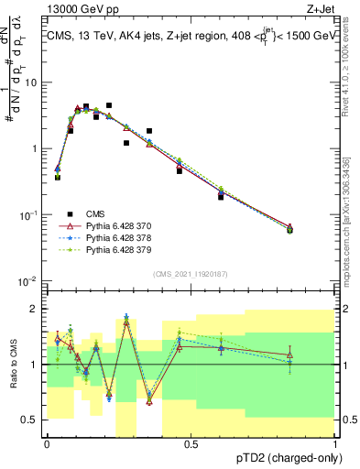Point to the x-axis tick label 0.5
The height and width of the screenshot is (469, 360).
pos(191,443)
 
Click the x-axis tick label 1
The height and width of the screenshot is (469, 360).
pos(336,443)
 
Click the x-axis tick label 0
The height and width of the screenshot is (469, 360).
pos(47,443)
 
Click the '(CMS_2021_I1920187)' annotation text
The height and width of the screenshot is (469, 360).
pos(191,273)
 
